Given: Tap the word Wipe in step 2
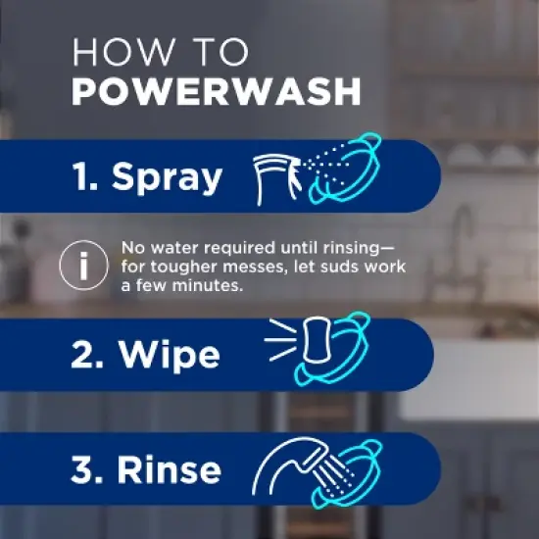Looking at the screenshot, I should point(167,354).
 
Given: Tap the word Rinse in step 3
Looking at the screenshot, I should point(171,469).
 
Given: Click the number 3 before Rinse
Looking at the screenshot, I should point(84,469).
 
